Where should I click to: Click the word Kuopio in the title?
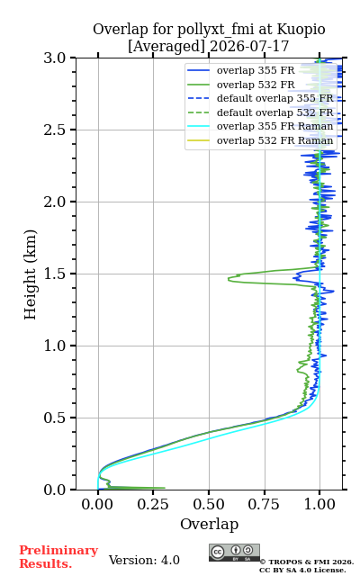301,30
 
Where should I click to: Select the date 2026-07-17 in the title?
249,47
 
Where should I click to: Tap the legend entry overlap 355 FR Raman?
260,126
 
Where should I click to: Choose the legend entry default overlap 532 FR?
260,112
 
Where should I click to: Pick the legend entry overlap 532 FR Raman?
260,140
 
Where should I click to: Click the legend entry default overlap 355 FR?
260,98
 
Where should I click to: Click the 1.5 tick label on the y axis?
55,274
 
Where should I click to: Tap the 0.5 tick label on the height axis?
55,418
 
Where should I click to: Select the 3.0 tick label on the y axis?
55,58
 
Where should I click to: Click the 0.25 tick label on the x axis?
153,504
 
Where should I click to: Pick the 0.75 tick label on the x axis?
264,504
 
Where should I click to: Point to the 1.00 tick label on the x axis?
319,504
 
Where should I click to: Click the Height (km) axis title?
30,274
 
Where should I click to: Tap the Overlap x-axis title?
209,525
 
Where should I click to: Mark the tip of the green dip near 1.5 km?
228,279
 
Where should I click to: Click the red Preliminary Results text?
58,557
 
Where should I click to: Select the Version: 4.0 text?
144,561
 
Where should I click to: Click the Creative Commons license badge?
234,553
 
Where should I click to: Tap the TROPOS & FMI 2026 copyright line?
306,562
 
